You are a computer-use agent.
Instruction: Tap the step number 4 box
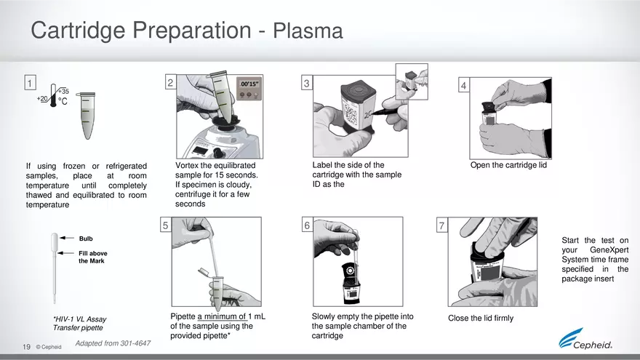464,86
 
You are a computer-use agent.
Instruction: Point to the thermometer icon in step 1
54,97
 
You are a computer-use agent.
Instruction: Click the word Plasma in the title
308,31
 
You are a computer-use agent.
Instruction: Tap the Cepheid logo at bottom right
585,340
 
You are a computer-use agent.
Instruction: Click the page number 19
26,347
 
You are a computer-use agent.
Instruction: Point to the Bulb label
85,239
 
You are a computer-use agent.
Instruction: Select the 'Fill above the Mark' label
92,257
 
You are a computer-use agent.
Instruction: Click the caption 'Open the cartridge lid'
508,165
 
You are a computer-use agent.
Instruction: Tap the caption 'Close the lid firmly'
480,319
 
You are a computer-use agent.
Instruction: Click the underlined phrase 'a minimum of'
221,316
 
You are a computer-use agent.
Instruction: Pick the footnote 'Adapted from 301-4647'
113,343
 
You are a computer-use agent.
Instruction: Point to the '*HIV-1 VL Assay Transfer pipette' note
79,324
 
